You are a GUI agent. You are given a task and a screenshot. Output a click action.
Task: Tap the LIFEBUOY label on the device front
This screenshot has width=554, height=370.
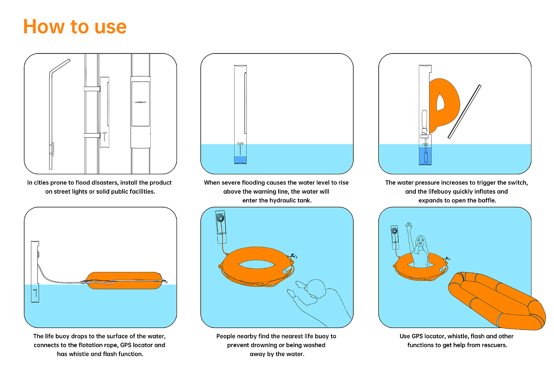140,102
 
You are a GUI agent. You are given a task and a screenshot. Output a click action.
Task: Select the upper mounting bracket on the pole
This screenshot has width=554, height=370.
92,89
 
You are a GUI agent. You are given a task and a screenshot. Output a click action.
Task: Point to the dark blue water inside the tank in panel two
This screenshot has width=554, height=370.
240,160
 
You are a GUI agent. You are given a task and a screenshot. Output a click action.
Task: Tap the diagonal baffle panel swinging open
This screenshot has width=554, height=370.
465,111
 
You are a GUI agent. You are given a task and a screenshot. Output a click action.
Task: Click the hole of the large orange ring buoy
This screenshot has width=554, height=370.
257,264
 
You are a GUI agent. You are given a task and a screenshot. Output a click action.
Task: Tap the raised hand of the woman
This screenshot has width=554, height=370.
409,226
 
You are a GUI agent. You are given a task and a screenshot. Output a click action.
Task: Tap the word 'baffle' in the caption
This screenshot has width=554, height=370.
487,200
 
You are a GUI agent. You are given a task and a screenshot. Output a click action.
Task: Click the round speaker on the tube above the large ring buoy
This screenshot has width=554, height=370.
220,218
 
